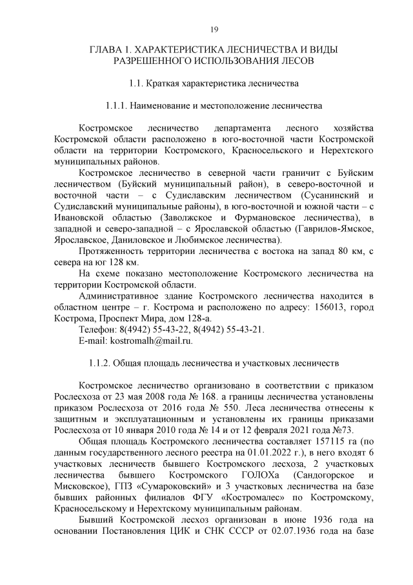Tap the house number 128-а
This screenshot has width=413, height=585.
click(194, 318)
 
